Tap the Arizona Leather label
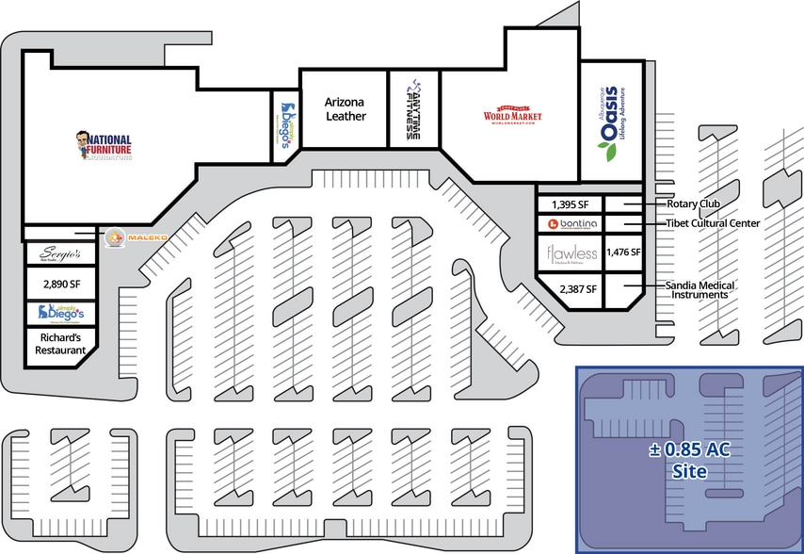(x=345, y=108)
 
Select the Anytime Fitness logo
(x=415, y=109)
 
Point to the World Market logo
(x=513, y=116)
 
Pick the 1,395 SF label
(x=568, y=204)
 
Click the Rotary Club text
(x=693, y=204)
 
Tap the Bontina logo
(x=568, y=224)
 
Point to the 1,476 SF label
(x=623, y=253)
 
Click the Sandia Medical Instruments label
(x=699, y=289)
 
